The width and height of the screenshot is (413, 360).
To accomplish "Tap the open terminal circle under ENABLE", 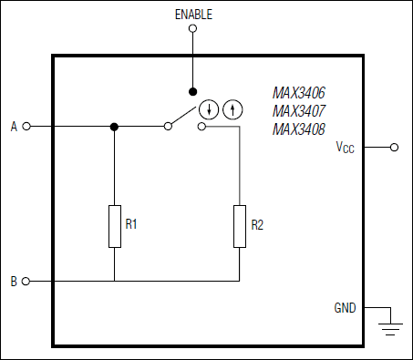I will [191, 28].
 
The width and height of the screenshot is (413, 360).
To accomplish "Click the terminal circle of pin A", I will [26, 127].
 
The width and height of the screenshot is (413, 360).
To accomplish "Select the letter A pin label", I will [14, 127].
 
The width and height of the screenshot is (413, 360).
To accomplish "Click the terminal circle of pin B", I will [26, 282].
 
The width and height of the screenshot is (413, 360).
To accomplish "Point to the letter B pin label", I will [14, 282].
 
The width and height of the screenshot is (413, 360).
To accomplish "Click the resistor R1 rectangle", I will [114, 227].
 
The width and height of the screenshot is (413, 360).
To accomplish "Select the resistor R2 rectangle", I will [239, 227].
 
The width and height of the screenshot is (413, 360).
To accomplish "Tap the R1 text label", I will [130, 224].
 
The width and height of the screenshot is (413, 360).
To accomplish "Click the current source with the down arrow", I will [211, 110].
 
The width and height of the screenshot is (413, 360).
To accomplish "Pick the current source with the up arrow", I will [233, 110].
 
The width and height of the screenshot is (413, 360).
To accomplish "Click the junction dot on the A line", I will [114, 127].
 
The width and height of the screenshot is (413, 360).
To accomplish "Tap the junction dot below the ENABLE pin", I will [191, 91].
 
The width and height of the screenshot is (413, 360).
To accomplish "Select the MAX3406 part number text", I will [299, 93].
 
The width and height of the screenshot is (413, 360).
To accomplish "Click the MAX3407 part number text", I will [299, 111].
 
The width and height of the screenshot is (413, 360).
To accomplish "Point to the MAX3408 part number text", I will [299, 129].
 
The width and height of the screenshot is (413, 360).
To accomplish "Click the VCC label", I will [347, 148].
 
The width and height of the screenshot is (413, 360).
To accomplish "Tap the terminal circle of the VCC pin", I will [395, 147].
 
